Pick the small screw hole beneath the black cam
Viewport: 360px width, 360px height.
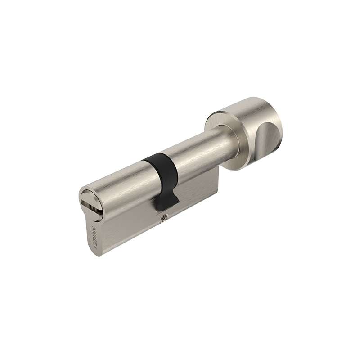162,219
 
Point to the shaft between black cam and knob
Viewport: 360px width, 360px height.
198,148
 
